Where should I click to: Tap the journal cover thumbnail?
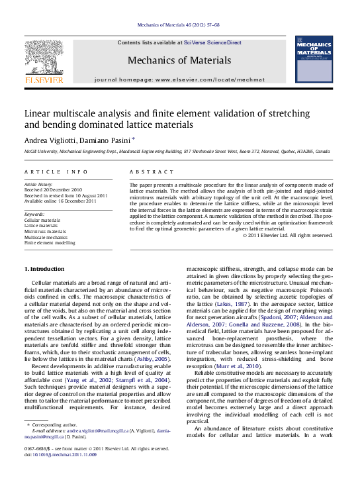[314, 60]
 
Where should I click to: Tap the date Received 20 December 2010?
[53, 190]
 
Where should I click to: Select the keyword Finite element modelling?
[50, 243]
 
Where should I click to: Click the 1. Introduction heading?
[44, 269]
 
